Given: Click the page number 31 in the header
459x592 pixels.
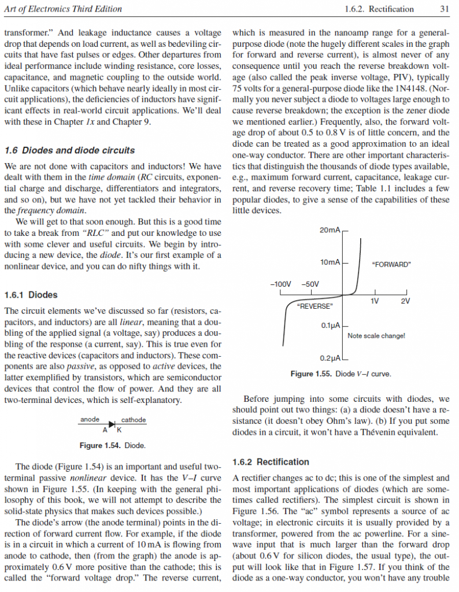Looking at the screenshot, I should [445, 9].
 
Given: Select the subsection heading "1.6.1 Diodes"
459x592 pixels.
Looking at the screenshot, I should [31, 295].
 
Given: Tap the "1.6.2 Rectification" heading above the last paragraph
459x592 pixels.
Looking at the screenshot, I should [271, 462].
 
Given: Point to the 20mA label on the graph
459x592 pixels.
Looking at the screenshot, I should [330, 231].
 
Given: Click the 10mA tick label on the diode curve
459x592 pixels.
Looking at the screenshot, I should [330, 262].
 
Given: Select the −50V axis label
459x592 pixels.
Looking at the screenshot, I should [310, 284].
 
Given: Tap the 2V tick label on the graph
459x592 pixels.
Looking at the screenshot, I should [405, 301].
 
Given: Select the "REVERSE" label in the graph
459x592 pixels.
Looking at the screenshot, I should [314, 305].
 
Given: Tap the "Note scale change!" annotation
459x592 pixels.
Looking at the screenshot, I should [376, 336].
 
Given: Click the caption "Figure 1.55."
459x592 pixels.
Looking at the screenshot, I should [311, 374].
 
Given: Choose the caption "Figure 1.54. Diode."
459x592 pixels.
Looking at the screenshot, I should [112, 446].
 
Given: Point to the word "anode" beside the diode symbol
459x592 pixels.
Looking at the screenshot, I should [89, 420].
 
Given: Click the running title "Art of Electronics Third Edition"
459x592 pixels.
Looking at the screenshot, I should [62, 9].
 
